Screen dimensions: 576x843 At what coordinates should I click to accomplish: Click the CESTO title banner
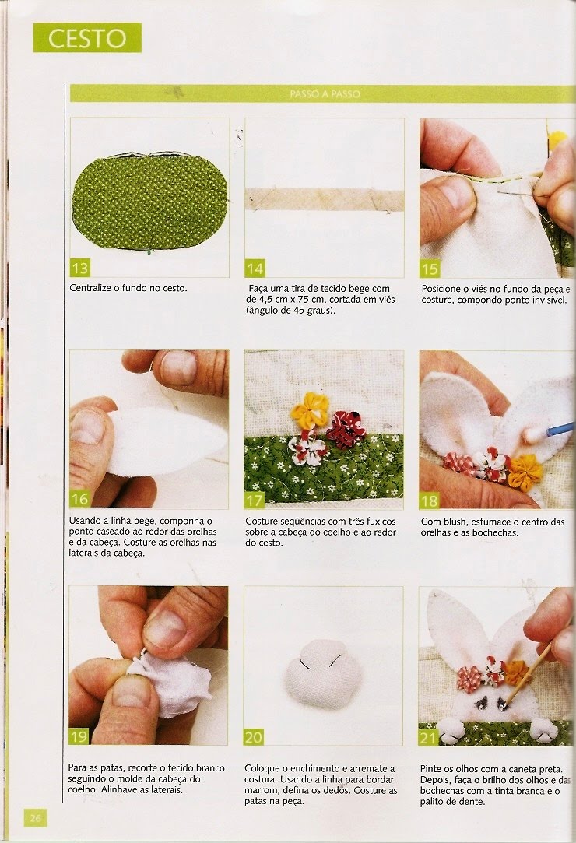[87, 37]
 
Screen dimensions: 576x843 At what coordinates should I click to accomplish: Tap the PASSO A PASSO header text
[325, 94]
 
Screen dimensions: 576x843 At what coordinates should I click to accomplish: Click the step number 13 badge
[80, 268]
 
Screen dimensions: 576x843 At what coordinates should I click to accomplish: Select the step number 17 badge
[255, 501]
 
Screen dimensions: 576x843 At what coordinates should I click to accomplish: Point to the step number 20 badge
[253, 737]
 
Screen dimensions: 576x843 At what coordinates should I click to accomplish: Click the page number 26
[35, 818]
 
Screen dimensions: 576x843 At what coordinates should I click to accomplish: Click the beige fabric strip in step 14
[325, 199]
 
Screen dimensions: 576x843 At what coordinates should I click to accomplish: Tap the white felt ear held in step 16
[167, 442]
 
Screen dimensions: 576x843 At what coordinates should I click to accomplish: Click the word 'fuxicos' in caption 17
[380, 522]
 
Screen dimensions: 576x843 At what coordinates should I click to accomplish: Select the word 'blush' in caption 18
[453, 522]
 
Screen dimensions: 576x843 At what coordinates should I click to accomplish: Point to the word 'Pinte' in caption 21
[432, 769]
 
